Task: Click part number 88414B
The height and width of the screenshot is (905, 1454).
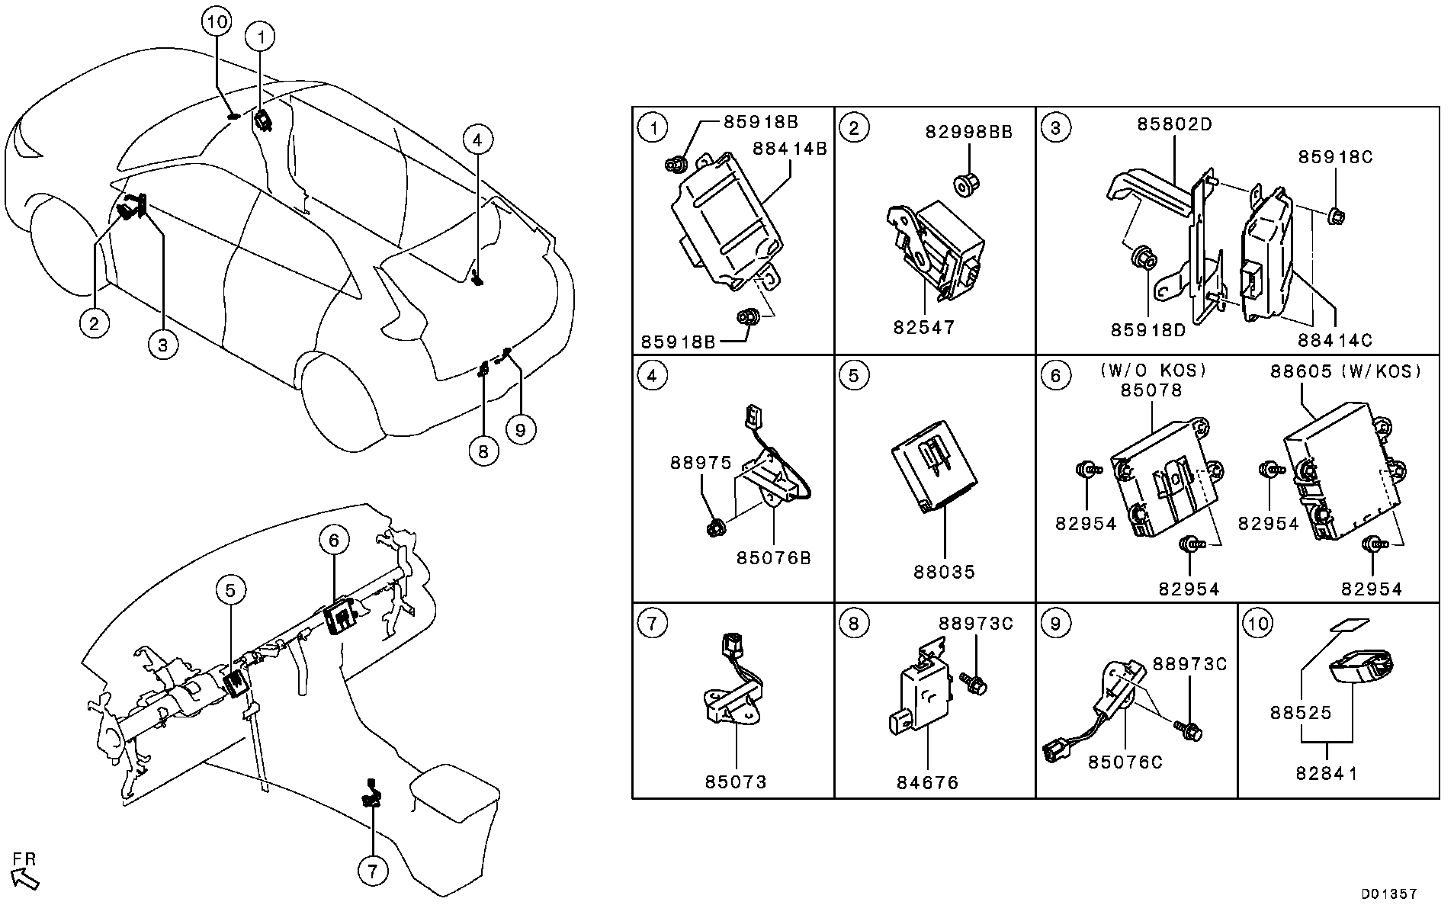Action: [x=790, y=148]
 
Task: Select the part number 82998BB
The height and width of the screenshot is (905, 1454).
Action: [x=969, y=131]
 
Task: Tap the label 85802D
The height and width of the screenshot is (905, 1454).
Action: [x=1174, y=124]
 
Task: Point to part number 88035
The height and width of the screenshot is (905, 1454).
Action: [x=945, y=571]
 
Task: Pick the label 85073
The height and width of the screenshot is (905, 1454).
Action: [x=736, y=781]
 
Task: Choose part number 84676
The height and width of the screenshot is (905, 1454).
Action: [x=928, y=782]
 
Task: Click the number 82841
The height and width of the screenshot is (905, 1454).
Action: [x=1327, y=773]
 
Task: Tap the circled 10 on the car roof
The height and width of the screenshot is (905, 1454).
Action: [x=217, y=22]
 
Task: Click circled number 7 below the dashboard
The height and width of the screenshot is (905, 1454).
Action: [x=373, y=871]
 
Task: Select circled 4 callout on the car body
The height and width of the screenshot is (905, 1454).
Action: [x=477, y=140]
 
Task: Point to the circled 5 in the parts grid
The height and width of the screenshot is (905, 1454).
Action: [x=853, y=375]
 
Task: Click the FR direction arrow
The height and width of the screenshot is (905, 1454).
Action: [x=25, y=879]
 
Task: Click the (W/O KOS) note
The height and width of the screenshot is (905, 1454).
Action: [x=1153, y=371]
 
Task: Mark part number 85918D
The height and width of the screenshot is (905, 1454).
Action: [x=1148, y=330]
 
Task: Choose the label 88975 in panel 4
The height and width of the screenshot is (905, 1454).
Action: [x=701, y=462]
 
